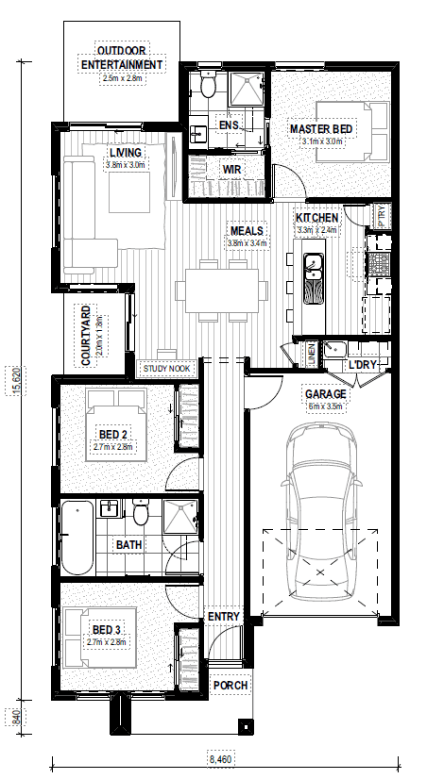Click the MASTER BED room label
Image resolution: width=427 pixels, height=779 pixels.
point(321,129)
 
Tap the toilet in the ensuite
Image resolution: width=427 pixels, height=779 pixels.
point(208,84)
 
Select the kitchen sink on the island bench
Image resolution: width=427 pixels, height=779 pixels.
point(313,268)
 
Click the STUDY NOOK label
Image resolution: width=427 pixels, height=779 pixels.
point(166,369)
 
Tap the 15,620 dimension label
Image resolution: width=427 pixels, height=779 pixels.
point(16,381)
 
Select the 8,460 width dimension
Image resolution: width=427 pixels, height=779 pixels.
point(219,759)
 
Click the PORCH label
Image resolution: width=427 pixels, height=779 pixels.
point(231,686)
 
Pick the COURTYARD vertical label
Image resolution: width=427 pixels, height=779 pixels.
point(86,337)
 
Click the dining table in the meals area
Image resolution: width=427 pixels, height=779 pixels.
point(222,290)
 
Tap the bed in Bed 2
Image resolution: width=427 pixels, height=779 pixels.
point(116,424)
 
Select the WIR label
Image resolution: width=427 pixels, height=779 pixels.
point(231,170)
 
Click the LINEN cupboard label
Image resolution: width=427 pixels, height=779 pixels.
point(312,354)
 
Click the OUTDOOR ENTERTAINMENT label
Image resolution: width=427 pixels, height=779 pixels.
point(122,58)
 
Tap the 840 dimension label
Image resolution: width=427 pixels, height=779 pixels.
point(16,717)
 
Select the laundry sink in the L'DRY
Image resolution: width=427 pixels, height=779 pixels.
point(334,349)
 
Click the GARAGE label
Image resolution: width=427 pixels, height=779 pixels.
point(326,394)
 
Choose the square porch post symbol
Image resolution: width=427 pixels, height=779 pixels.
point(246,726)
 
